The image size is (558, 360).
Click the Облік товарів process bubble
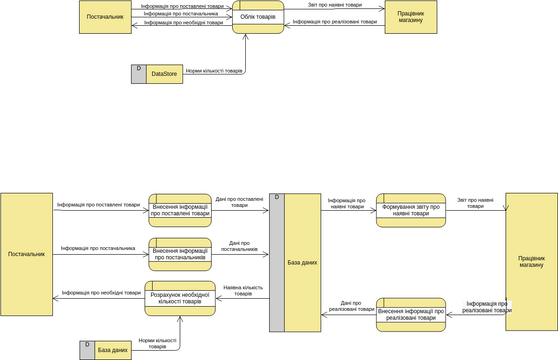click(x=259, y=18)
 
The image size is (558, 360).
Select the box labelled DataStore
click(x=164, y=73)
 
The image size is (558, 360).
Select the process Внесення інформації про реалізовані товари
click(x=410, y=314)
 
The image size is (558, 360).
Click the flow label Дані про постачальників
click(x=239, y=245)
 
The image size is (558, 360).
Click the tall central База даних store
click(x=302, y=262)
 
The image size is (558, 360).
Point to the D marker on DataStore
click(x=138, y=69)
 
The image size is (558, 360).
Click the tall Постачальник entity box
click(x=27, y=254)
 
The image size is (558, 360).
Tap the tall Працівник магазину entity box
click(x=531, y=261)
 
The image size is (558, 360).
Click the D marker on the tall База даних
click(x=276, y=198)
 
